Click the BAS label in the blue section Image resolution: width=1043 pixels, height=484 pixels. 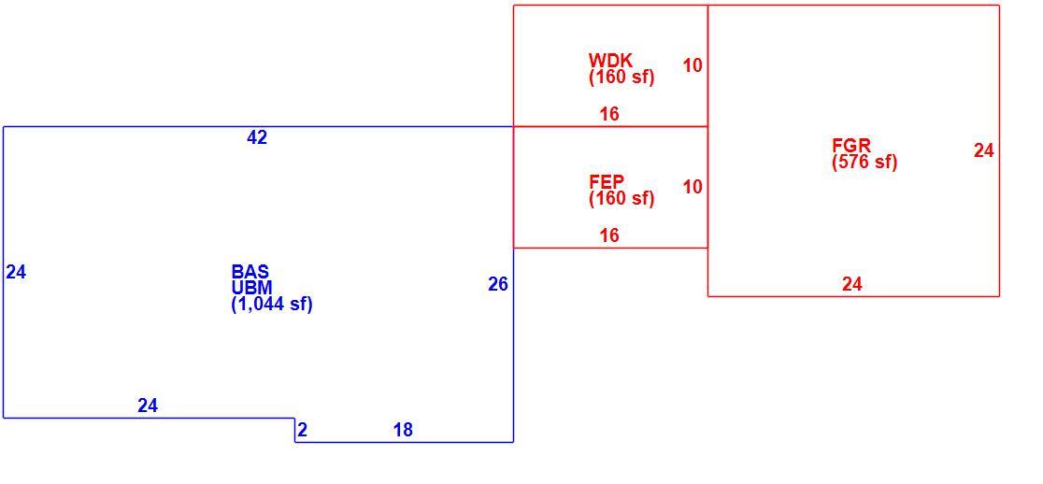250,272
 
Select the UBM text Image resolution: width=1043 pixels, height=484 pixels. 251,288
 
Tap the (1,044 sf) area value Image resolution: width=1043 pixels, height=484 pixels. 271,305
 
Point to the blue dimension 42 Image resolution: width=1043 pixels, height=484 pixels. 257,137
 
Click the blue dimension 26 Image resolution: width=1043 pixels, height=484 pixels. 498,285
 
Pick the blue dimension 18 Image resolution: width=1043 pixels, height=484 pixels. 403,430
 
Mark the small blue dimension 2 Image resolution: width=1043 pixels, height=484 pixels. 303,430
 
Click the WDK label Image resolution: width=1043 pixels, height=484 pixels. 610,61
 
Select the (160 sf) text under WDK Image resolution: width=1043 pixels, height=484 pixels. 622,78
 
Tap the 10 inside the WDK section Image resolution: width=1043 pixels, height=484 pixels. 693,65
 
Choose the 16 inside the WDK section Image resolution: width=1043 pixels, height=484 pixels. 609,114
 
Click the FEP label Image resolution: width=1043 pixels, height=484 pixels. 607,181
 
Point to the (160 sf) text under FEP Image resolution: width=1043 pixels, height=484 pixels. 622,198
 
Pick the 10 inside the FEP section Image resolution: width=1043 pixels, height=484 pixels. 693,188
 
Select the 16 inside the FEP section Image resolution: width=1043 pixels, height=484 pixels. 609,235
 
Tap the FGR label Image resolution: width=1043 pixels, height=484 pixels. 851,146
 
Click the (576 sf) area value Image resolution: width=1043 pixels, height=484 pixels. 864,163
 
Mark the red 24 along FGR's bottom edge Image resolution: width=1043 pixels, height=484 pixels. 852,285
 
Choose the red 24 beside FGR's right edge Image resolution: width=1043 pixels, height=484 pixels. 984,151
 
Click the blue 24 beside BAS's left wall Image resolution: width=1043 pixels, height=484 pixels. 16,272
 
